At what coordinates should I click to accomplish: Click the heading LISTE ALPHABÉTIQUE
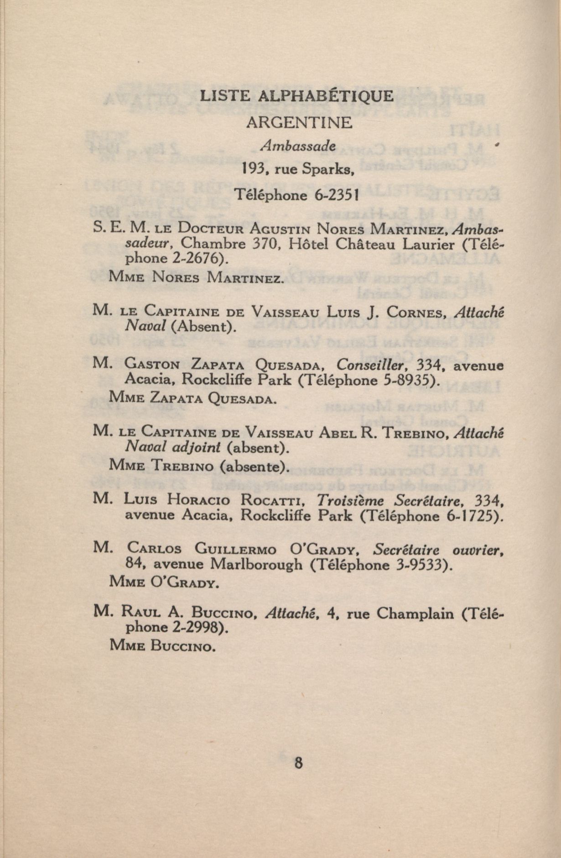tap(297, 96)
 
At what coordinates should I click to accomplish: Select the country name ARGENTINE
tap(299, 123)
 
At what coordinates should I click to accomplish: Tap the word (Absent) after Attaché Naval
tap(204, 326)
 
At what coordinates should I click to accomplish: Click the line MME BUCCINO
tap(162, 646)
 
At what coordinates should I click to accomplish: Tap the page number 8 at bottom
tap(299, 763)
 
